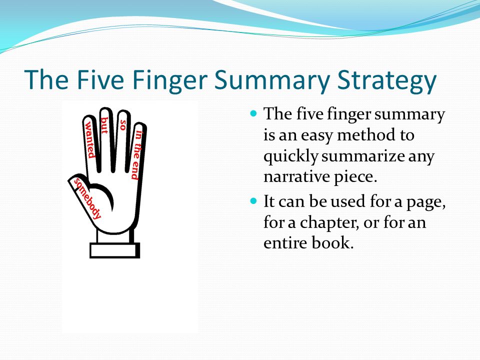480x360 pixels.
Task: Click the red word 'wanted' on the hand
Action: [x=89, y=139]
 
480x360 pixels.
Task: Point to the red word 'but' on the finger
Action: [x=104, y=125]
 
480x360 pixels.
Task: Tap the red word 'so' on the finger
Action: [x=123, y=125]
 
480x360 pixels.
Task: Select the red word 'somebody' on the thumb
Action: [x=87, y=198]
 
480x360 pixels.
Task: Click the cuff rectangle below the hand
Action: [x=115, y=250]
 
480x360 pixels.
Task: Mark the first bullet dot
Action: [x=253, y=113]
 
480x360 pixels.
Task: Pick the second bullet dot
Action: [x=253, y=201]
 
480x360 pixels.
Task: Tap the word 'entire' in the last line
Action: [x=285, y=243]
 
